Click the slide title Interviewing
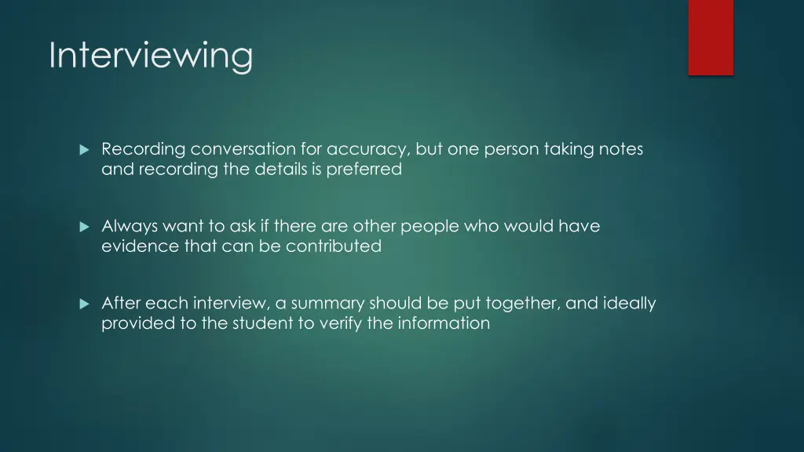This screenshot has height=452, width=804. (151, 56)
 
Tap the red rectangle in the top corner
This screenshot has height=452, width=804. (711, 37)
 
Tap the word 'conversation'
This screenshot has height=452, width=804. (242, 149)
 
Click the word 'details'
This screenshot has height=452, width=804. (277, 169)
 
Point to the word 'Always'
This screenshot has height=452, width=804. (130, 226)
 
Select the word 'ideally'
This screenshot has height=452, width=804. (630, 303)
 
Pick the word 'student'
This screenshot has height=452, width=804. (262, 323)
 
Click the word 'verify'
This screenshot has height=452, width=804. (339, 323)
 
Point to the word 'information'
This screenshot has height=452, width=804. (444, 323)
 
